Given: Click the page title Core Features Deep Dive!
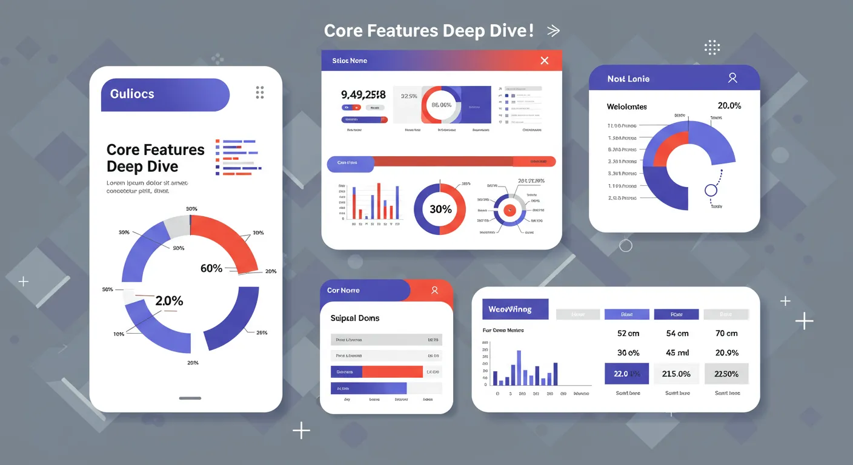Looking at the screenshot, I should (x=429, y=31).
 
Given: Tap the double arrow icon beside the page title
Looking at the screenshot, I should (x=553, y=31).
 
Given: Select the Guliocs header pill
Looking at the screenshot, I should (x=165, y=94).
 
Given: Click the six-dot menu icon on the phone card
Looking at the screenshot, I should (x=260, y=92).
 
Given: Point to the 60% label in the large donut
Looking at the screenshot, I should (x=211, y=268).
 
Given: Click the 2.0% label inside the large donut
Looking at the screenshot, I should (x=169, y=301).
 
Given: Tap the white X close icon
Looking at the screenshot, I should (x=544, y=61).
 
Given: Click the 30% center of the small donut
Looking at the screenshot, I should (x=440, y=209).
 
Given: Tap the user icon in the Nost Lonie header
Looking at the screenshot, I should (x=732, y=78).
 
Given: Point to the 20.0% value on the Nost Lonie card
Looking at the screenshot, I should (x=729, y=105).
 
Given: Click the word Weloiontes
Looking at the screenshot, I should (x=626, y=107).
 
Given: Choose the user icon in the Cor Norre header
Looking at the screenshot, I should (x=434, y=291).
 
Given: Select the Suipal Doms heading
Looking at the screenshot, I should (x=355, y=318).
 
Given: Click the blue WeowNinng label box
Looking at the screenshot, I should (x=514, y=309).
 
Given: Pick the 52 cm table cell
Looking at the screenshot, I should (x=628, y=334).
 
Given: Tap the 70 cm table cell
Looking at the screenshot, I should (x=726, y=334).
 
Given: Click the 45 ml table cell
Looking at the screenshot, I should (x=677, y=353).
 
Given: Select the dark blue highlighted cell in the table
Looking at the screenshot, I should (x=627, y=374).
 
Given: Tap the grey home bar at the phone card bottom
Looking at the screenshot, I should (x=190, y=398).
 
